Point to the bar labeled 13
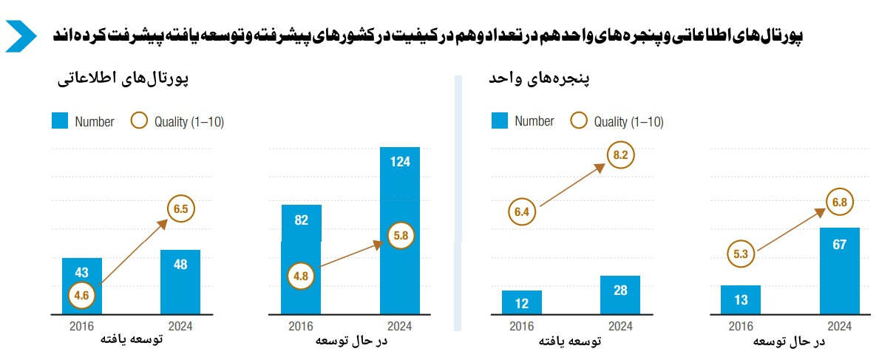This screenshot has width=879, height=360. [740, 299]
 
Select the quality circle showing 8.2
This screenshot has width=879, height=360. [620, 155]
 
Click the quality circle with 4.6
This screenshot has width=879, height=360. [81, 296]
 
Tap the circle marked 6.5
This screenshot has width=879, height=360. [180, 208]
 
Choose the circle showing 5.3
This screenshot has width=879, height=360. [741, 254]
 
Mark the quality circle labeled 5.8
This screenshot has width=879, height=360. [401, 236]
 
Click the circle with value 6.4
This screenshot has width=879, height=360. [522, 213]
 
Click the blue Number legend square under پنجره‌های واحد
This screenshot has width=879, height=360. [500, 121]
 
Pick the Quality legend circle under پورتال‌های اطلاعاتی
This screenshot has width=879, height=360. [139, 121]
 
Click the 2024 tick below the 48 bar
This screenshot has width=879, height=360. [180, 326]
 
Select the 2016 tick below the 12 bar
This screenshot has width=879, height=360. [522, 326]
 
